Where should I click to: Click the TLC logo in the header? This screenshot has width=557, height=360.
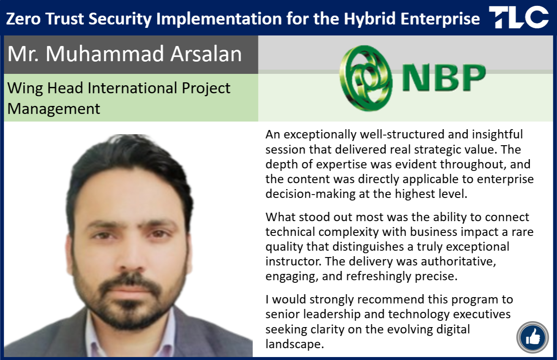[x=519, y=17]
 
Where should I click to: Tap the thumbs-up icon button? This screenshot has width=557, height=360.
[x=533, y=337]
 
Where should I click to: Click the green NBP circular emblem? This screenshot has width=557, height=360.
[x=366, y=78]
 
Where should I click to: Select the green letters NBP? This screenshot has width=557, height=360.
[x=444, y=78]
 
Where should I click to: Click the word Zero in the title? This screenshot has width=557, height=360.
[x=23, y=19]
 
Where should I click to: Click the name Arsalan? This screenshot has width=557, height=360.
[x=206, y=54]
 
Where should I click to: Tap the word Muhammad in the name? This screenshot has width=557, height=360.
[x=105, y=54]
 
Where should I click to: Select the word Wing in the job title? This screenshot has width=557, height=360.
[x=25, y=89]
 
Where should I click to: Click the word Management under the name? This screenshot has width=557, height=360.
[x=54, y=109]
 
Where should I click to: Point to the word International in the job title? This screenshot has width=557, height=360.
[x=132, y=88]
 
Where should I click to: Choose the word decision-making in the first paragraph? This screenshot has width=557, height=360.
[x=310, y=194]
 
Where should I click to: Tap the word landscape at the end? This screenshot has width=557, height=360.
[x=295, y=344]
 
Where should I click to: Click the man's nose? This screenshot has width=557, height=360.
[x=130, y=258]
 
